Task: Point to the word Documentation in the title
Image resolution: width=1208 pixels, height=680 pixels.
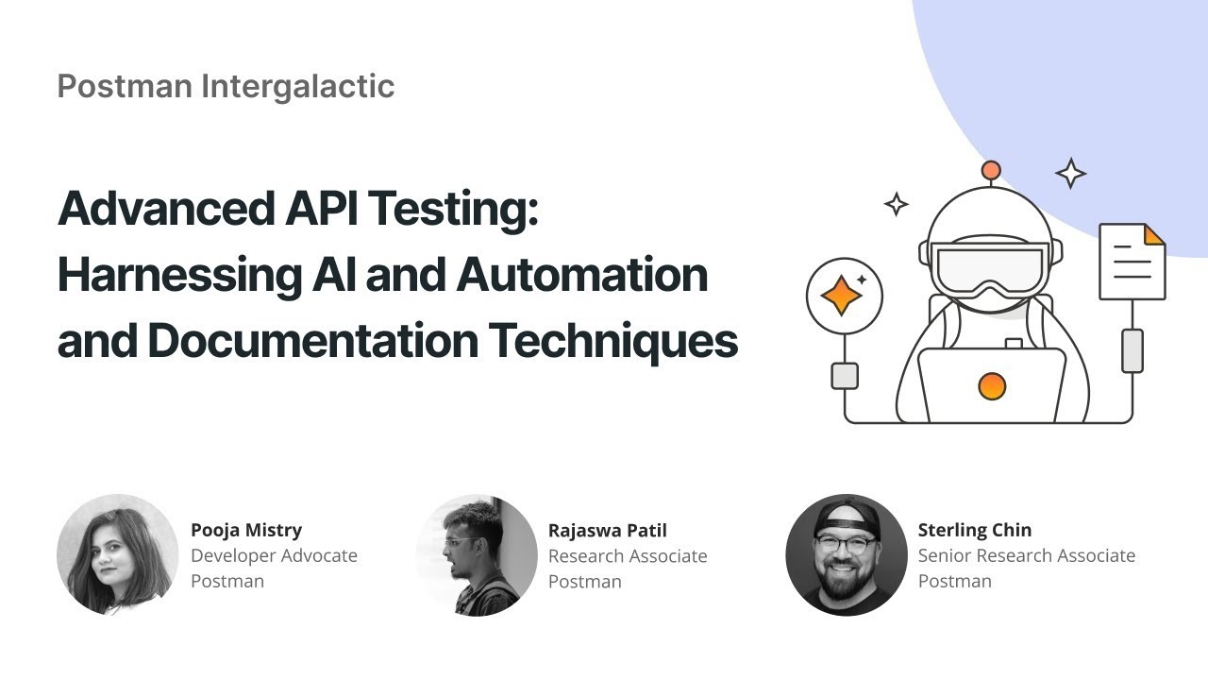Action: click(312, 341)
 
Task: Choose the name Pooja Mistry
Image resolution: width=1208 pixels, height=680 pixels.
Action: click(246, 530)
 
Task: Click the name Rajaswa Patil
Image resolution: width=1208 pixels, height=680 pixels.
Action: click(607, 530)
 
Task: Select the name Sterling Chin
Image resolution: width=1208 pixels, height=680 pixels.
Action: click(974, 530)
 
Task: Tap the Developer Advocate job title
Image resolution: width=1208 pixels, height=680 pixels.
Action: click(274, 555)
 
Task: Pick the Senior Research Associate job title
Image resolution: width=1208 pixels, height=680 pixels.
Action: click(1026, 555)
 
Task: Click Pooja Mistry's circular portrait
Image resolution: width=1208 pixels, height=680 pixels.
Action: click(117, 554)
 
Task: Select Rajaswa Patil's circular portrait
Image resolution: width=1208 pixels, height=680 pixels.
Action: click(477, 554)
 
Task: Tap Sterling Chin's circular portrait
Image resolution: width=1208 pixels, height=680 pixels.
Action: click(846, 554)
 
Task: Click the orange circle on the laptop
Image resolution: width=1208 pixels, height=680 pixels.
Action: click(992, 385)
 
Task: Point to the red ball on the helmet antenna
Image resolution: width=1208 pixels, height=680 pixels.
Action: click(990, 171)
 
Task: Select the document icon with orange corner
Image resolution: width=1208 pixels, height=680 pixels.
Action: click(1132, 262)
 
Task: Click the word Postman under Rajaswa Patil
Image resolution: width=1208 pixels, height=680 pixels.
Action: click(584, 581)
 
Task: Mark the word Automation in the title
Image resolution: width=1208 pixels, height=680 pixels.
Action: click(581, 275)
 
